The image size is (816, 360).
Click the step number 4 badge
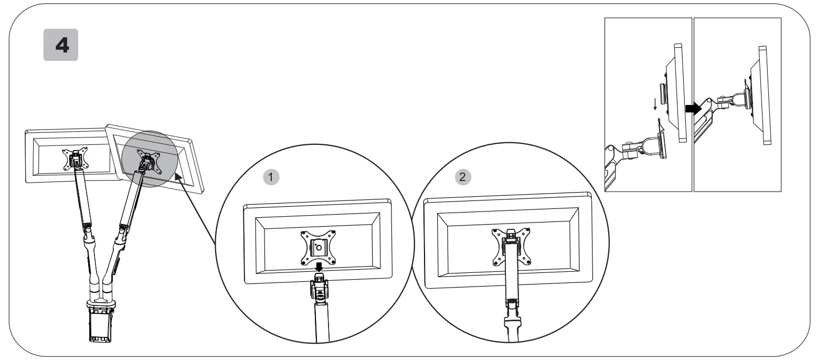(60, 45)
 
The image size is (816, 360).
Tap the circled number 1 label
(271, 177)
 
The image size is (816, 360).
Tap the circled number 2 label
(462, 177)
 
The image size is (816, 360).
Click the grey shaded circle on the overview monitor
(147, 157)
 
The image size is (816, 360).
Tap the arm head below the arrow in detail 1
(319, 289)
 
